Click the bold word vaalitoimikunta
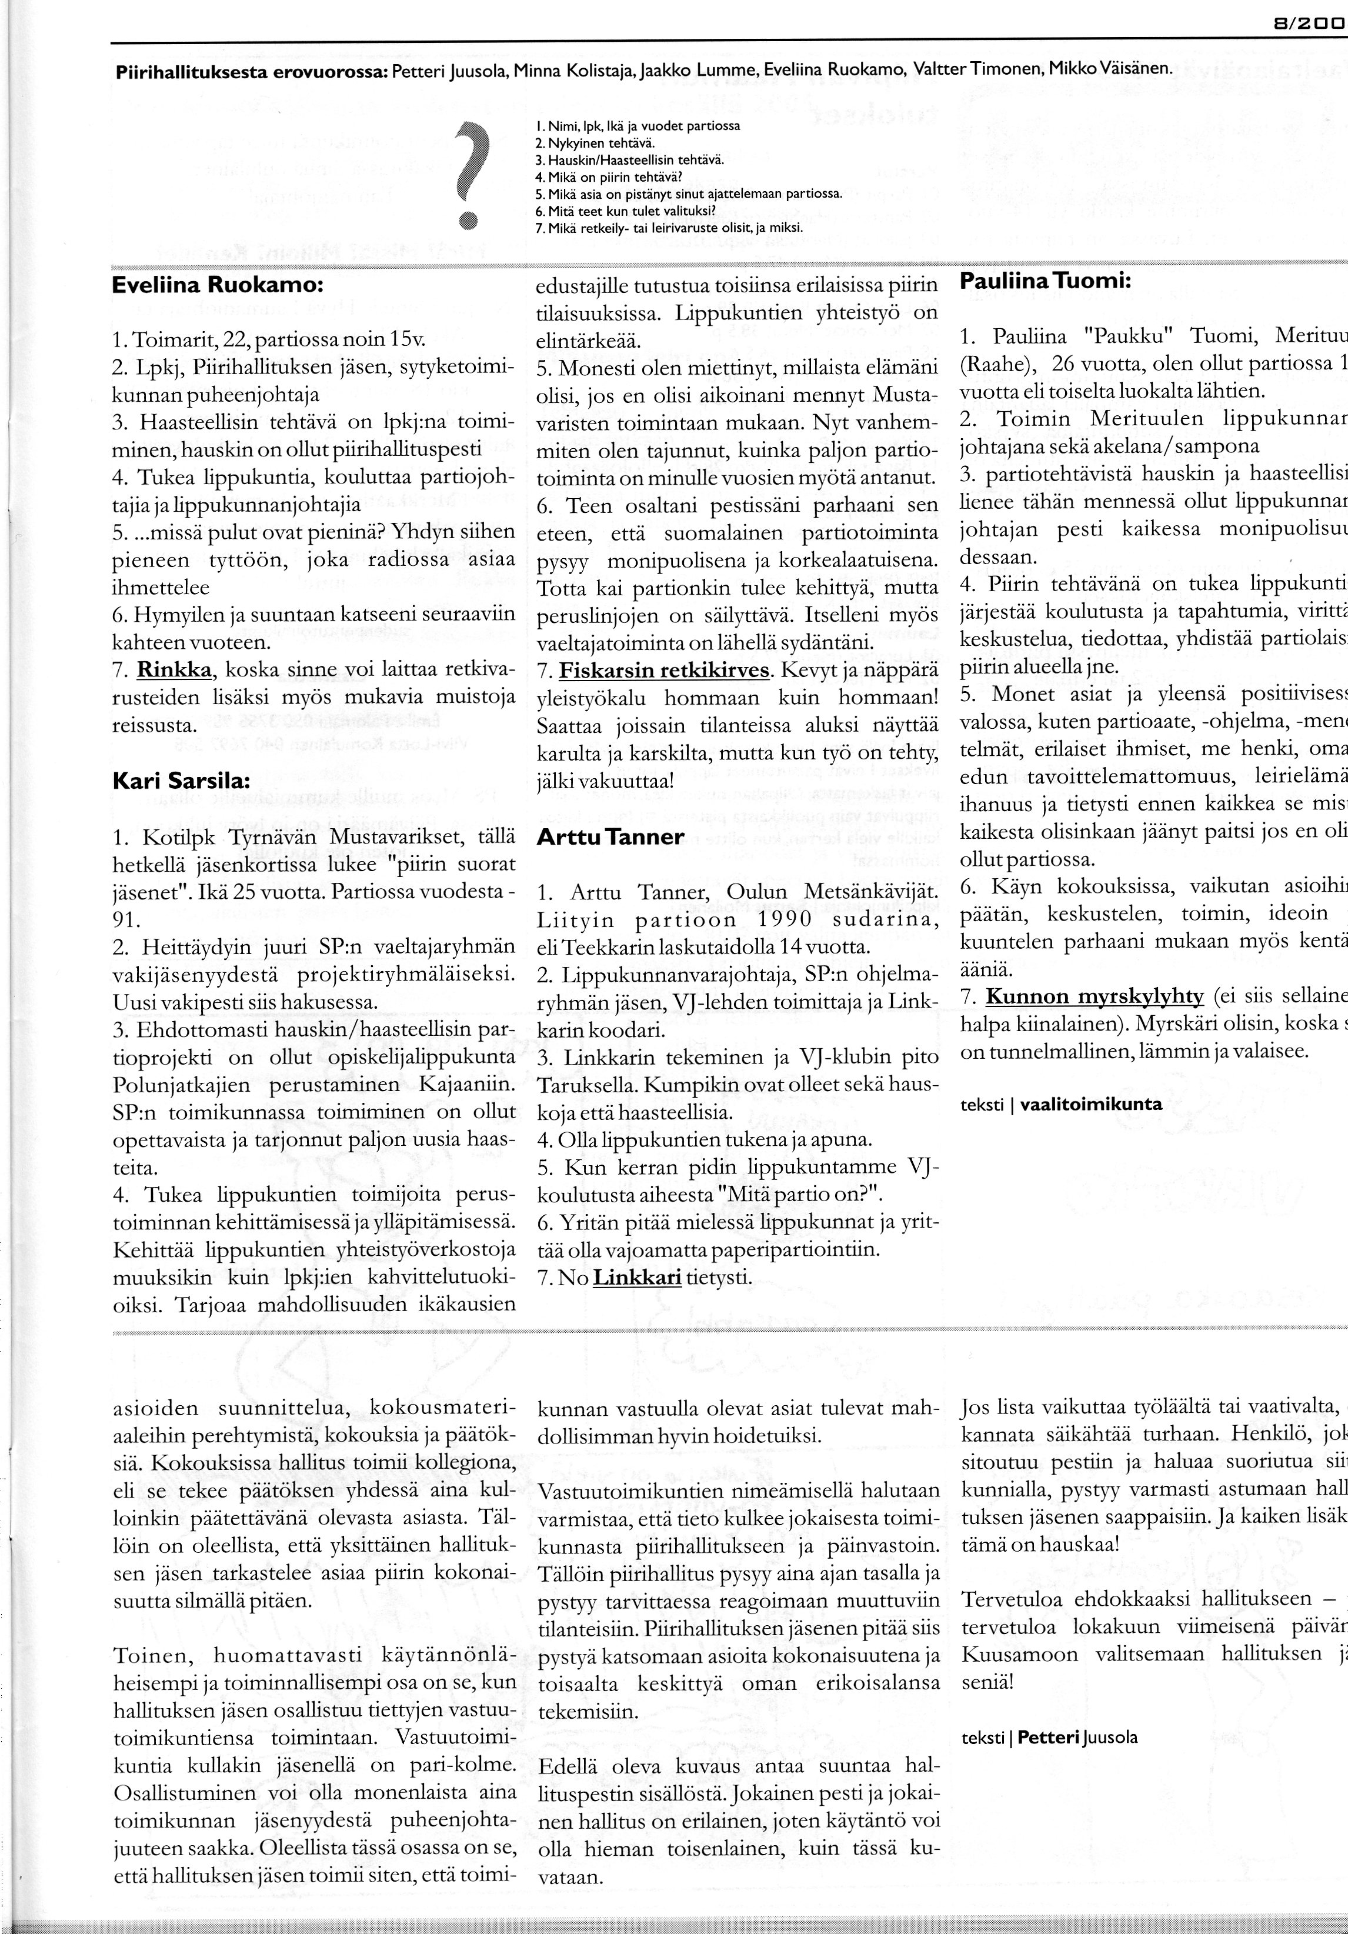tap(1090, 1104)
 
